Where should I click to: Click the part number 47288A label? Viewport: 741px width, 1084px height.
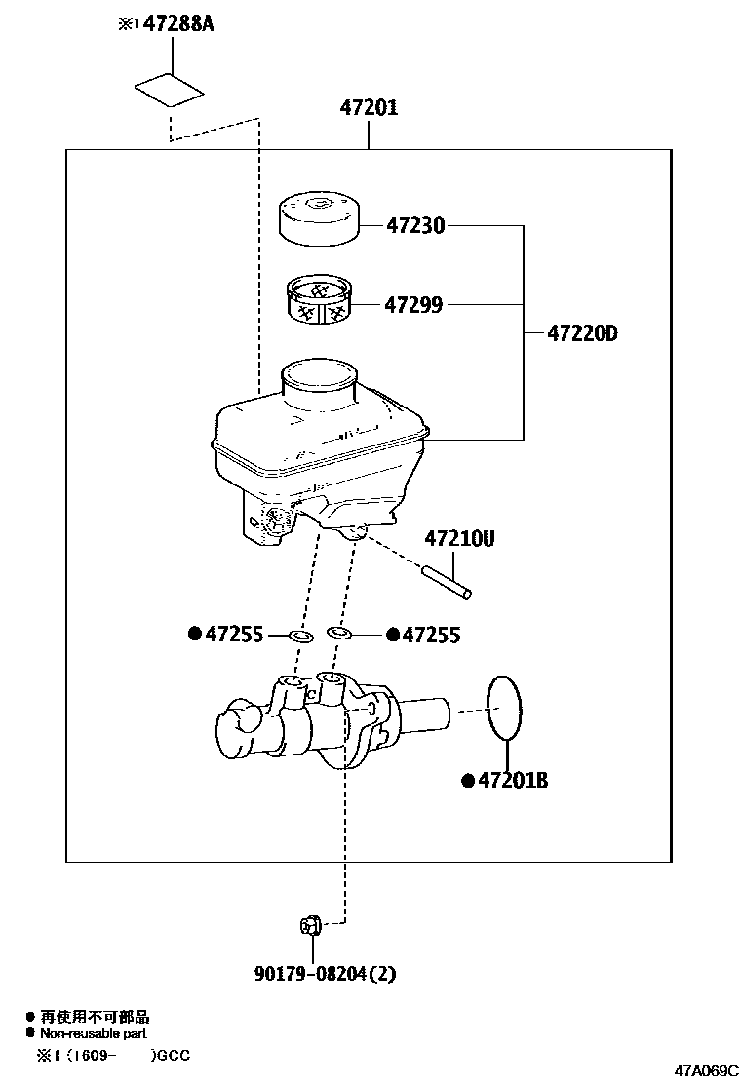[x=178, y=23]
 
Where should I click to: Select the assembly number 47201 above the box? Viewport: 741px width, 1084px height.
[x=369, y=108]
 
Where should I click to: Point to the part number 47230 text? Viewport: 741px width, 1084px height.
[x=414, y=226]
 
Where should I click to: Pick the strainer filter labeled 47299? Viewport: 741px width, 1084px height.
[x=318, y=299]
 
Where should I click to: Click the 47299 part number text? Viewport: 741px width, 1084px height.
[x=412, y=305]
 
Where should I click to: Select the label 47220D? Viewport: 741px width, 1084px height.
[x=582, y=333]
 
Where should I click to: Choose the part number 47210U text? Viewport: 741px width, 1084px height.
[x=458, y=538]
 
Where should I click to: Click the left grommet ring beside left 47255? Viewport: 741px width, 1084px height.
[x=301, y=637]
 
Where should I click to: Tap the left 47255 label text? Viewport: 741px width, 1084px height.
[x=233, y=636]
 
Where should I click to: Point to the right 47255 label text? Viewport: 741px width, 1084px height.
[x=431, y=636]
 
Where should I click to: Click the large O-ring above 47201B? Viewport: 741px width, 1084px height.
[x=504, y=708]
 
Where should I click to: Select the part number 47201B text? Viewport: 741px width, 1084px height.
[x=510, y=780]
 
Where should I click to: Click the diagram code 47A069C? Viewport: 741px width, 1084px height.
[x=704, y=1071]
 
